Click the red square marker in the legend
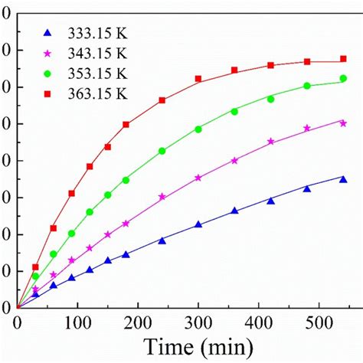tap(47, 93)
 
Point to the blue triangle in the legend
tap(47, 33)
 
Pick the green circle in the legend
tap(47, 74)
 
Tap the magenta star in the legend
tap(47, 54)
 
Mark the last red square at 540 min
tap(343, 60)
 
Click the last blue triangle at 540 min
tap(343, 179)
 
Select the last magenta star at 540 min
tap(343, 123)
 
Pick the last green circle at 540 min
tap(343, 78)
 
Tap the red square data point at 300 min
tap(198, 79)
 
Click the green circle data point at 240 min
tap(162, 151)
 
